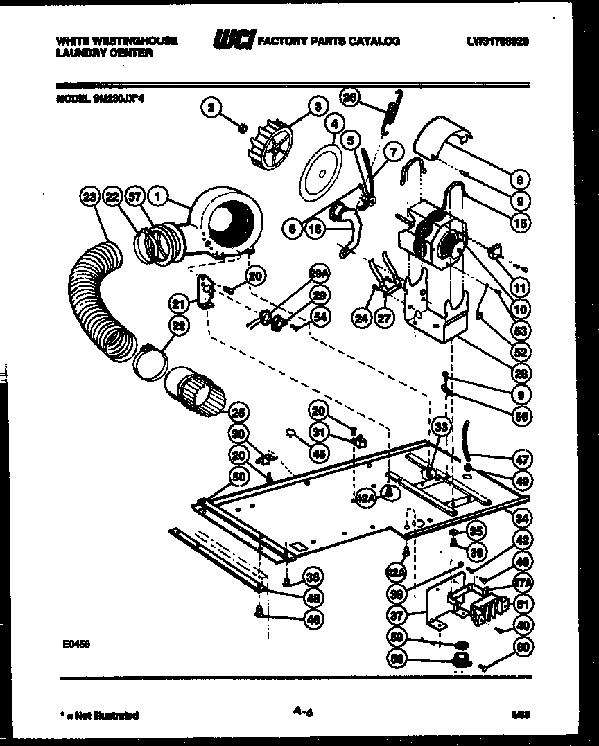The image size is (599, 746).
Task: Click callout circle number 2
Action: coord(211,107)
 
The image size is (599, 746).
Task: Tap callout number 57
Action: coord(135,197)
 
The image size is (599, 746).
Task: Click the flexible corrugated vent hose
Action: coord(104,305)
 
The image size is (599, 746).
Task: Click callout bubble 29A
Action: coord(320,276)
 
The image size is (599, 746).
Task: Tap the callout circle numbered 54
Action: coord(320,317)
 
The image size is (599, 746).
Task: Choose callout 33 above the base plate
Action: coord(440,425)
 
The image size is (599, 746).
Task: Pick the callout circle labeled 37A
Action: coord(521,583)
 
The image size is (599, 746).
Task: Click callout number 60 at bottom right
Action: coord(521,648)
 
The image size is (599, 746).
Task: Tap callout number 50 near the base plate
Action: coord(239,477)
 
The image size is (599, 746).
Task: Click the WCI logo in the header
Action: coord(234,41)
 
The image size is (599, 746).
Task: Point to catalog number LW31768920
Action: coord(498,41)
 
